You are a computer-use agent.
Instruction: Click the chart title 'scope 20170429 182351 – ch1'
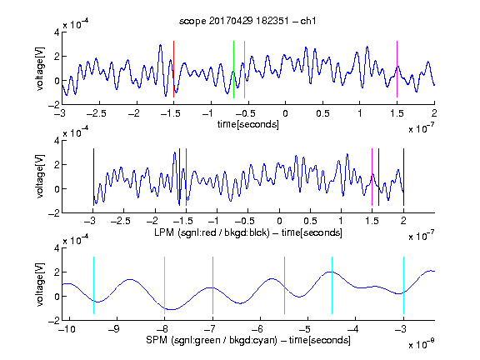tap(247, 21)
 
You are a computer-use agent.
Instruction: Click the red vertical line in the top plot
tap(173, 69)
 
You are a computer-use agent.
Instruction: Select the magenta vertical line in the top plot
tap(397, 69)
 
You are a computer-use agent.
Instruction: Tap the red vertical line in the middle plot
tap(186, 177)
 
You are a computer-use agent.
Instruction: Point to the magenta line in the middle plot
tap(372, 177)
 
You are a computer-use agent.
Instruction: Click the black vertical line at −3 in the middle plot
tap(93, 177)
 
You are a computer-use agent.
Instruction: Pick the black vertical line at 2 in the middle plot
tap(403, 177)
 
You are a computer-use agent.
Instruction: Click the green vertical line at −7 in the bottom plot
tap(212, 285)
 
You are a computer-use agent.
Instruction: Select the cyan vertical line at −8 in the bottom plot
tap(165, 285)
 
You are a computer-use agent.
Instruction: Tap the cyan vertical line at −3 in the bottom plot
tap(403, 285)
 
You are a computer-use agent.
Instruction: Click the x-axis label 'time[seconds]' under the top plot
tap(248, 124)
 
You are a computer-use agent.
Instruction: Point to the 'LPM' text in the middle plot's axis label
tap(164, 232)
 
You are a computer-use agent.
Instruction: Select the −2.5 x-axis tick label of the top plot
tap(96, 113)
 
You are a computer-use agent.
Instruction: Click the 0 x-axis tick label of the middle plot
tap(279, 221)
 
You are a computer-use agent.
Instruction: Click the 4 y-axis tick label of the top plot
tap(57, 32)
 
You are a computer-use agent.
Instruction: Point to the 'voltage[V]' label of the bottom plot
tap(40, 285)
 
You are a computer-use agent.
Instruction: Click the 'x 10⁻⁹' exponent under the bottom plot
tap(422, 344)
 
